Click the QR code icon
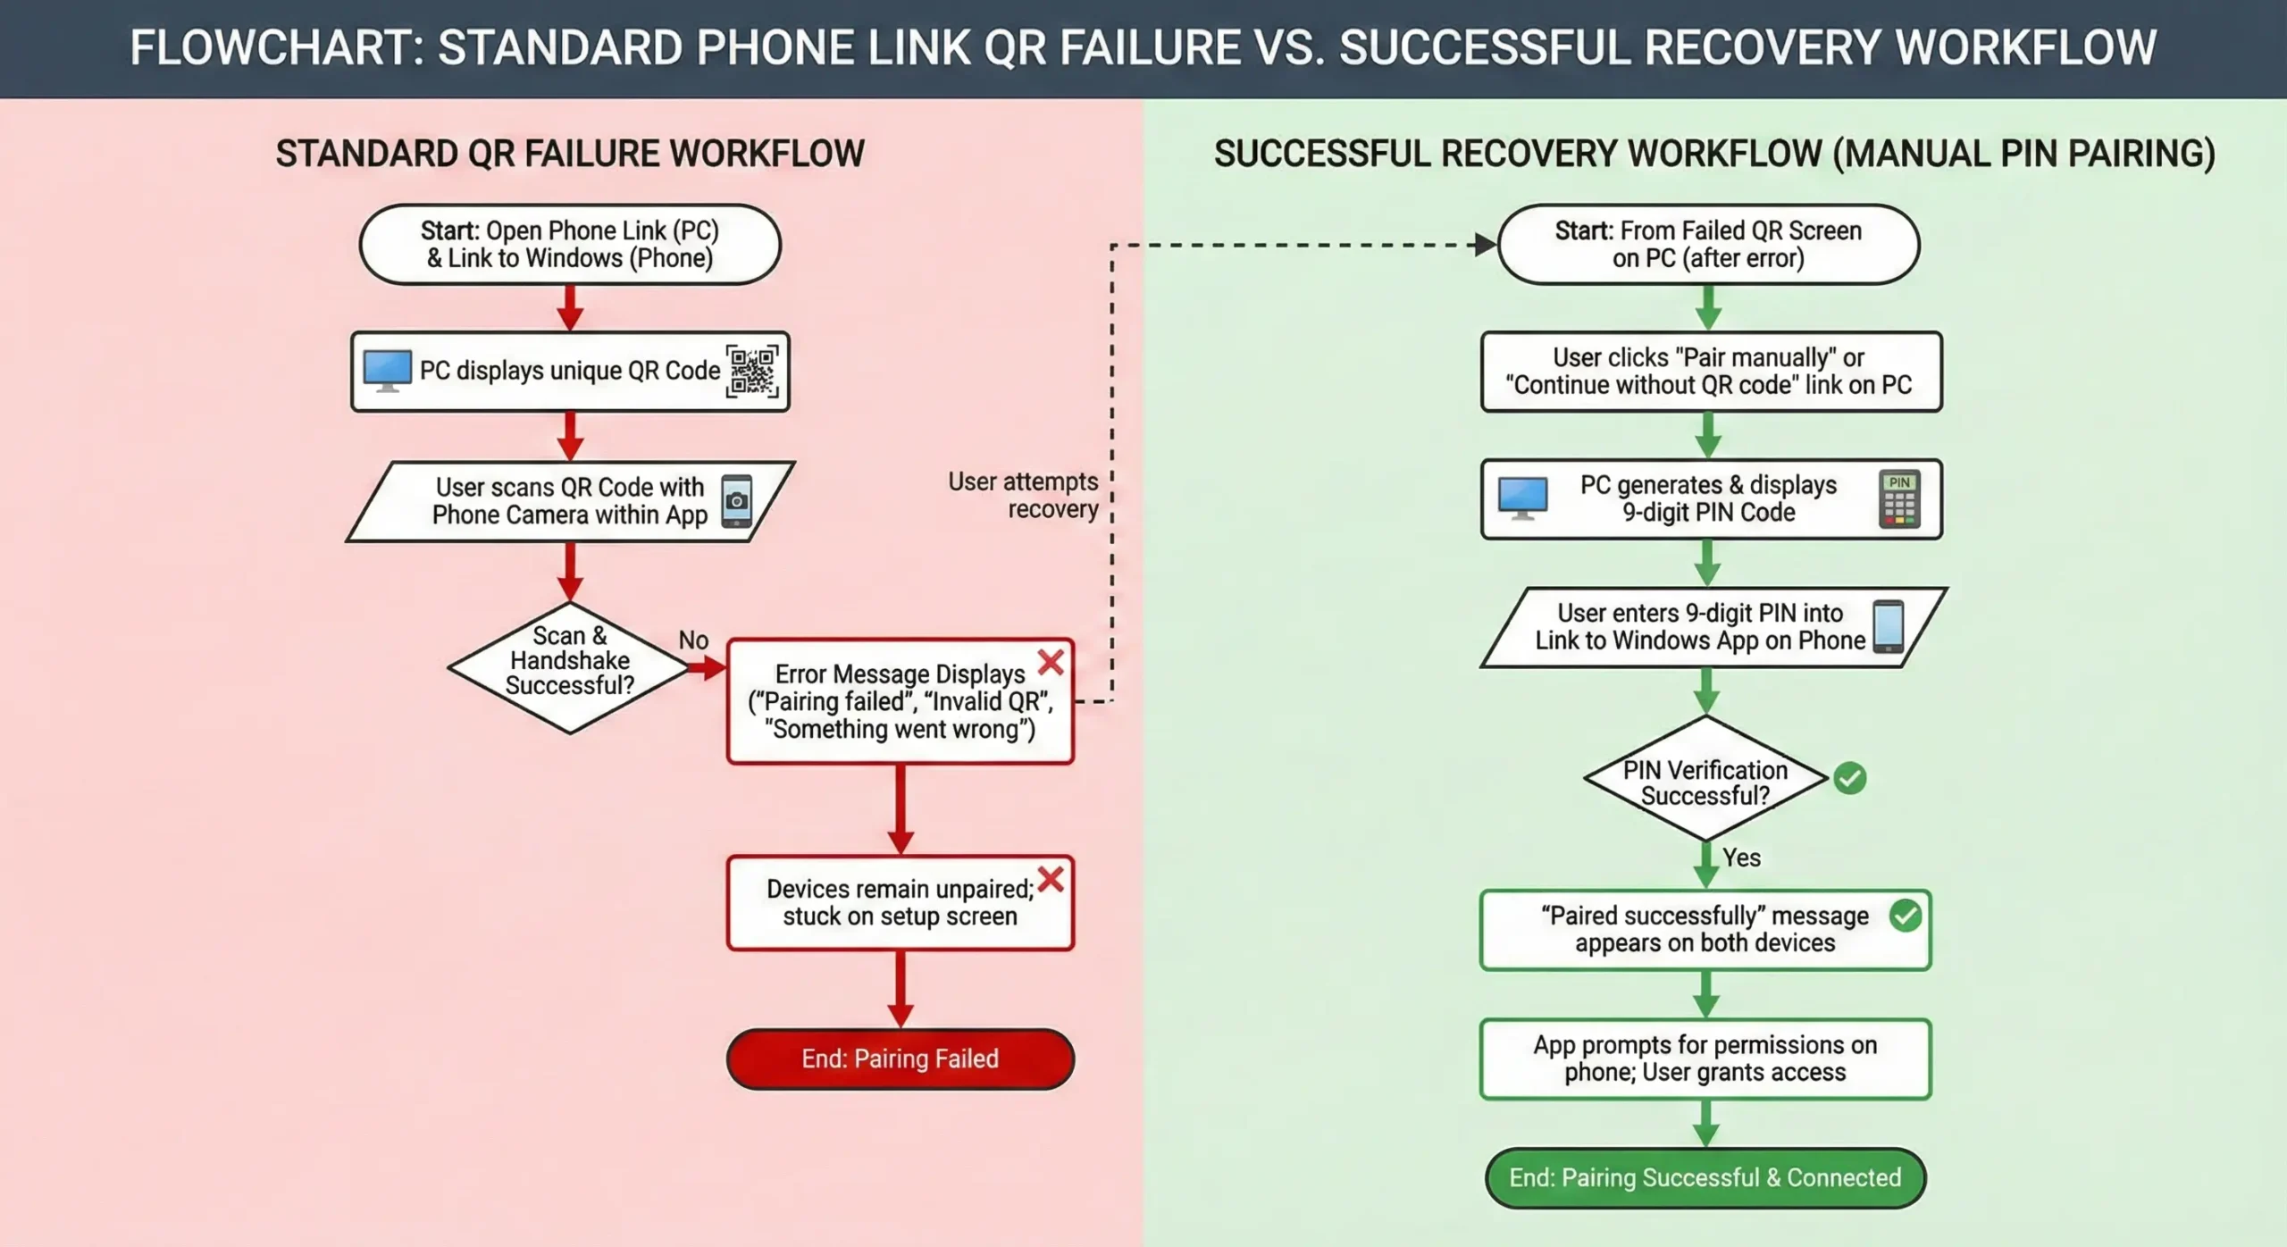752,372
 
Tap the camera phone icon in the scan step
737,500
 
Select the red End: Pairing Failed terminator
900,1059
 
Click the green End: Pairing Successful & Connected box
1705,1177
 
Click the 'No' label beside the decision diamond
693,640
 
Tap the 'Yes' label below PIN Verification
1741,858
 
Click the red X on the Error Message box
1051,662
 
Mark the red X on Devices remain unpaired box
1051,879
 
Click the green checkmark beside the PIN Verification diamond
1849,778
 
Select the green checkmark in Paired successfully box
1905,916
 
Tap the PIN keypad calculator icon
1899,498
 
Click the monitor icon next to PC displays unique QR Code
388,371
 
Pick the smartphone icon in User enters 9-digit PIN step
1888,626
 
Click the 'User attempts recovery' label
1024,495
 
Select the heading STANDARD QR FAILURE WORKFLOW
570,154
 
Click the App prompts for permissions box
1705,1059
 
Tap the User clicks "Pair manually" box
1710,371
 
